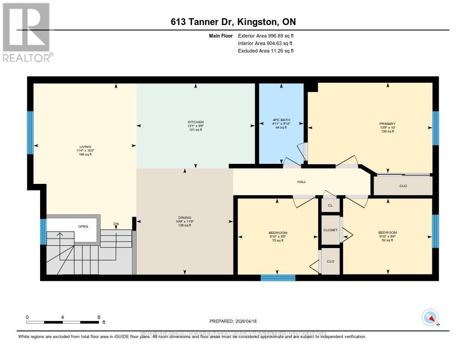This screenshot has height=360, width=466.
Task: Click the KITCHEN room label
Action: coord(196,122)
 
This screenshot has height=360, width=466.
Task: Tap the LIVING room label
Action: coord(84,147)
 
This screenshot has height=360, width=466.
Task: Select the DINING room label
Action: coord(185,218)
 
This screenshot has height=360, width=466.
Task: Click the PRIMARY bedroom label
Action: coord(388,124)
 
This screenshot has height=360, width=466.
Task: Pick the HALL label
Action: coord(301,182)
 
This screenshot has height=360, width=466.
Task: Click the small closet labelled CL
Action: coord(330,206)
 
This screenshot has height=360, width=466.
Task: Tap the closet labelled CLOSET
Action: coord(330,230)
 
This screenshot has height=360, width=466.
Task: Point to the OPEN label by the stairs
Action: coord(82,226)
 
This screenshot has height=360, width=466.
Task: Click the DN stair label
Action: coord(116,223)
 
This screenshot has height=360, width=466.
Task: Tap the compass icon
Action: coord(430,317)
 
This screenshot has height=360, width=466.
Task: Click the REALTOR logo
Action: coord(27,32)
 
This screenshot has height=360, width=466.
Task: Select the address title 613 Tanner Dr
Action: coord(233,22)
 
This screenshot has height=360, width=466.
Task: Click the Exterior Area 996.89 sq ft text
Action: coord(266,35)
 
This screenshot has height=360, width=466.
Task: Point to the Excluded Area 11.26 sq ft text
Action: coord(266,51)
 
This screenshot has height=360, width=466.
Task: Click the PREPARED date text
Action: coord(233,321)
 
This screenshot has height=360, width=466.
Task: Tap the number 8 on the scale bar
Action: coord(98,317)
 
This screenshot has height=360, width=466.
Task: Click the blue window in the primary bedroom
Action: coord(436,128)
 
